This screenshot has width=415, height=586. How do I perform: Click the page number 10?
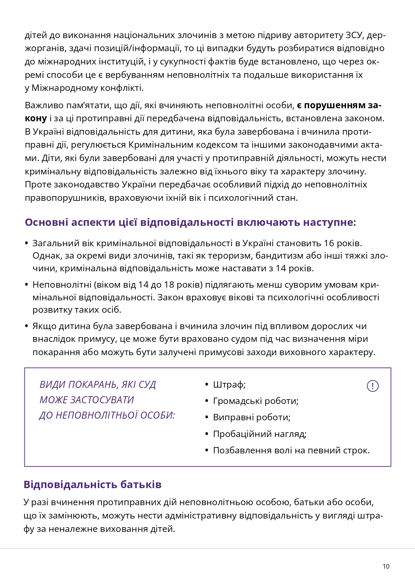pyautogui.click(x=386, y=566)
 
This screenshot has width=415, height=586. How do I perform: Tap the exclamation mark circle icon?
pyautogui.click(x=373, y=386)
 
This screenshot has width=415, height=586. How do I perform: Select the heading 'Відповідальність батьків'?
pyautogui.click(x=93, y=484)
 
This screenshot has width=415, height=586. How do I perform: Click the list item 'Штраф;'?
pyautogui.click(x=229, y=385)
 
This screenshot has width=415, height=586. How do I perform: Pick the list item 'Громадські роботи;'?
pyautogui.click(x=255, y=401)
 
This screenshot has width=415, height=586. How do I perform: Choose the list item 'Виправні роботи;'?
pyautogui.click(x=251, y=417)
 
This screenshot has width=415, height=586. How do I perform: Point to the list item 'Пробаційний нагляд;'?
pyautogui.click(x=260, y=434)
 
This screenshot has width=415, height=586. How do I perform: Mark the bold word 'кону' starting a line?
pyautogui.click(x=36, y=118)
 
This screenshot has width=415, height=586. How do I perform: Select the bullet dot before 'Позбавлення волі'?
pyautogui.click(x=207, y=450)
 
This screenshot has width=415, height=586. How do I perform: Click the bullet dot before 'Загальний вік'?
pyautogui.click(x=27, y=243)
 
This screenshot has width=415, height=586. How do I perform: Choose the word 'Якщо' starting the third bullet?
pyautogui.click(x=44, y=326)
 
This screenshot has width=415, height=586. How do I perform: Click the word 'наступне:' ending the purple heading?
pyautogui.click(x=330, y=223)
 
